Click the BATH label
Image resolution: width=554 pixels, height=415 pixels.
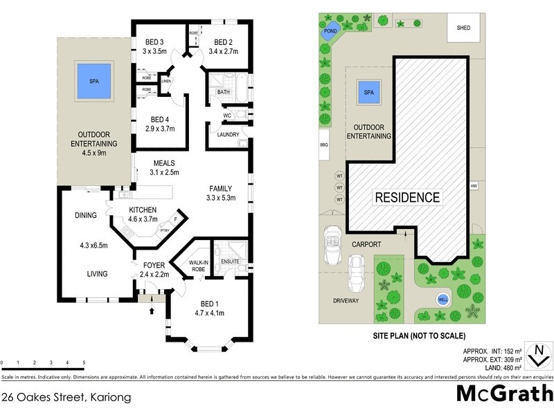(x=224, y=92)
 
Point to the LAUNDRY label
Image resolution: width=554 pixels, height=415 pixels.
(x=228, y=135)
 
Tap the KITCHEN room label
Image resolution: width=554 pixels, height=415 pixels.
(x=143, y=210)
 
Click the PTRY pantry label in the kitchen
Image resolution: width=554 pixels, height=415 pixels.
(x=164, y=230)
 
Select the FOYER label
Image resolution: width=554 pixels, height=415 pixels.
(x=154, y=265)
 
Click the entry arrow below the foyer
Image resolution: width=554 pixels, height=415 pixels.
(x=152, y=311)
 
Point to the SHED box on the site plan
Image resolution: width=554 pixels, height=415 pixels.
(x=463, y=28)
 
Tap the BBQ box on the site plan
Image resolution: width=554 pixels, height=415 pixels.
(x=323, y=145)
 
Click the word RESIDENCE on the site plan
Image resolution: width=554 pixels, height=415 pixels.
(x=407, y=197)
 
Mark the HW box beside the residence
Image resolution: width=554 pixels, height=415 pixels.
(x=474, y=186)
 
